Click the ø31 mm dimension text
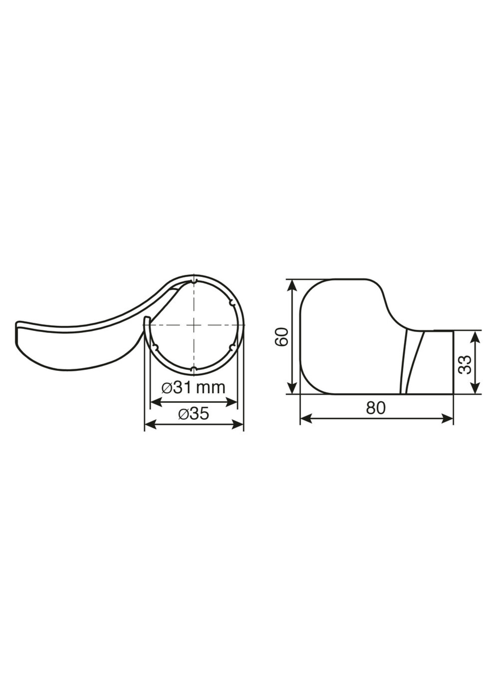[194, 388]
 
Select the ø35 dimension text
[194, 414]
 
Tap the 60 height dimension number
[282, 337]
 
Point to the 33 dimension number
[466, 365]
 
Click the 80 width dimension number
[375, 408]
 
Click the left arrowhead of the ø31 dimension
[156, 401]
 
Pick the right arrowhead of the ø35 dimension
[238, 425]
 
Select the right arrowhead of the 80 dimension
[448, 418]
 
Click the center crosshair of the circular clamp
[194, 325]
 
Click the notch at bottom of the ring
[194, 368]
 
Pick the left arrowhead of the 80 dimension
[305, 418]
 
